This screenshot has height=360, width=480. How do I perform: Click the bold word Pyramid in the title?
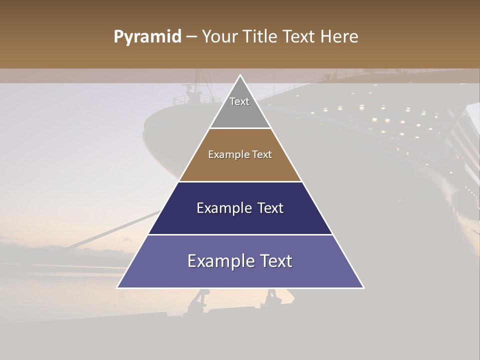click(x=147, y=37)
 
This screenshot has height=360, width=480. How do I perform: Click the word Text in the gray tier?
click(x=239, y=101)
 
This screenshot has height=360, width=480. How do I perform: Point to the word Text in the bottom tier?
click(x=275, y=261)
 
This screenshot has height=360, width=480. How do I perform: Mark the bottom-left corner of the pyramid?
click(x=117, y=287)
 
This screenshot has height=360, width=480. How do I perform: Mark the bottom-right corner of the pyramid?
click(x=363, y=287)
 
